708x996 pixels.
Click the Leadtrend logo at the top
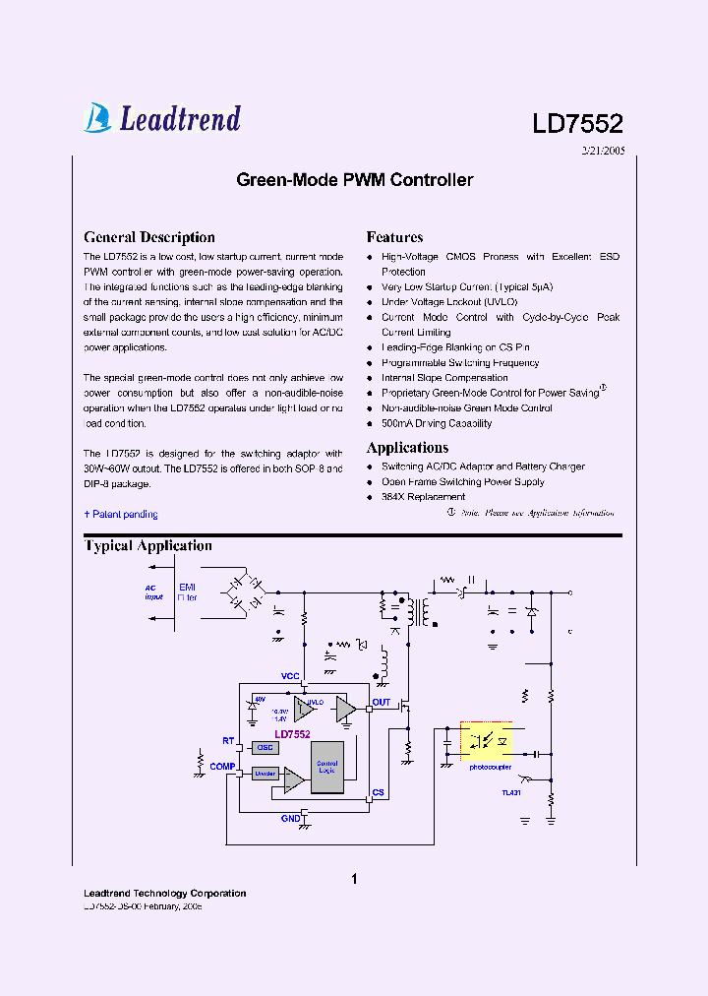(162, 118)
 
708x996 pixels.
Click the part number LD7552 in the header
(577, 124)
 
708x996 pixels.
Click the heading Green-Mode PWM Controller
(354, 180)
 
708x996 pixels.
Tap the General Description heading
(149, 237)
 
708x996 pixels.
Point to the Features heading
(394, 237)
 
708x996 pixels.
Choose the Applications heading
(407, 448)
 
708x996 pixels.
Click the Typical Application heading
(147, 546)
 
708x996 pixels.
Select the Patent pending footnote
(121, 514)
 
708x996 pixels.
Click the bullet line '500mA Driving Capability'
(436, 423)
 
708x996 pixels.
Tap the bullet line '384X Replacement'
(423, 497)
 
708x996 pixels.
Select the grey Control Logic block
(326, 767)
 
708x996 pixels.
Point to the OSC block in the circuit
(265, 748)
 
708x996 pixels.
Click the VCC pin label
(290, 676)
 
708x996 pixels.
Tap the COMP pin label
(221, 766)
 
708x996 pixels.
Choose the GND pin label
(291, 818)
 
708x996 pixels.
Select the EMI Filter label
(187, 591)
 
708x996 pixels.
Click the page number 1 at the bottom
(354, 879)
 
